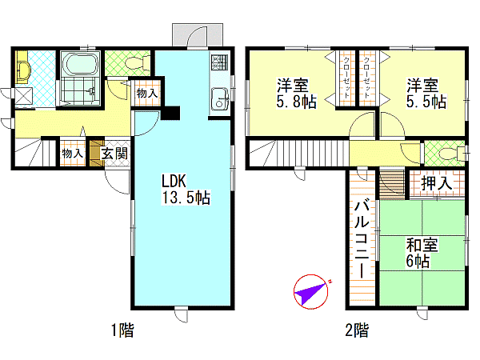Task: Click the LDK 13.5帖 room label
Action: pos(186,190)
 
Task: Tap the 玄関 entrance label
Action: pos(114,154)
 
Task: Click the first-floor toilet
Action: pos(138,62)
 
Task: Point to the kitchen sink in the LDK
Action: pos(219,98)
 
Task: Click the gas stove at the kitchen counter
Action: pos(219,62)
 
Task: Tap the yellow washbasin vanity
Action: pos(22,67)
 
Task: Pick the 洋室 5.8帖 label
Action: pos(296,94)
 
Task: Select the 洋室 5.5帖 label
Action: pos(426,94)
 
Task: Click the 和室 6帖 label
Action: pos(422,253)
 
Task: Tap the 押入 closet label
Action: pos(437,183)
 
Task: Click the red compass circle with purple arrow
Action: pos(310,292)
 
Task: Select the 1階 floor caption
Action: pos(122,330)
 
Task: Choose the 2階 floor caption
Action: pos(357,330)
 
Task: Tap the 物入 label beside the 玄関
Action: pos(72,154)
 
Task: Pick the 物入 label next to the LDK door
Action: pos(147,93)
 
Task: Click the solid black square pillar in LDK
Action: pos(170,113)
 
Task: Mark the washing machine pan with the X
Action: pos(23,96)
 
